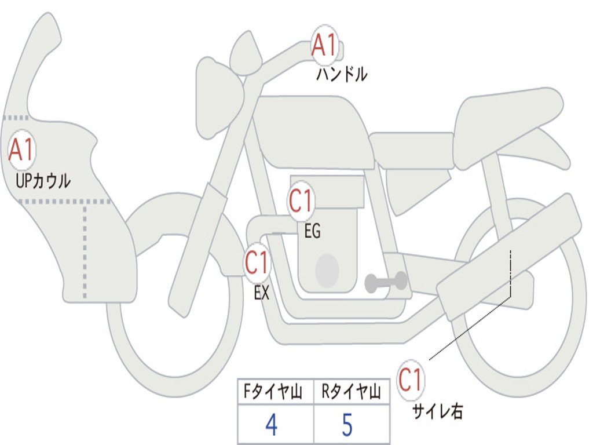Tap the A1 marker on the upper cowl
pyautogui.click(x=22, y=150)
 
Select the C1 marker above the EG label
pyautogui.click(x=301, y=201)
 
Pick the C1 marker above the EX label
pyautogui.click(x=257, y=262)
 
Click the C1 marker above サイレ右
pyautogui.click(x=411, y=380)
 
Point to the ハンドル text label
pyautogui.click(x=342, y=74)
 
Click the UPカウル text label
pyautogui.click(x=43, y=181)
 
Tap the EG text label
pyautogui.click(x=312, y=231)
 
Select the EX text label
pyautogui.click(x=262, y=293)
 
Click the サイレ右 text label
pyautogui.click(x=438, y=411)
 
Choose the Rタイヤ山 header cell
pyautogui.click(x=352, y=391)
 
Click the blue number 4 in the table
pyautogui.click(x=272, y=425)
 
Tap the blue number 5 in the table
pyautogui.click(x=347, y=425)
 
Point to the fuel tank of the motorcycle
pyautogui.click(x=312, y=130)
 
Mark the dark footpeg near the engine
pyautogui.click(x=386, y=282)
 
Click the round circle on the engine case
pyautogui.click(x=327, y=270)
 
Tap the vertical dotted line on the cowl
pyautogui.click(x=85, y=251)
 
